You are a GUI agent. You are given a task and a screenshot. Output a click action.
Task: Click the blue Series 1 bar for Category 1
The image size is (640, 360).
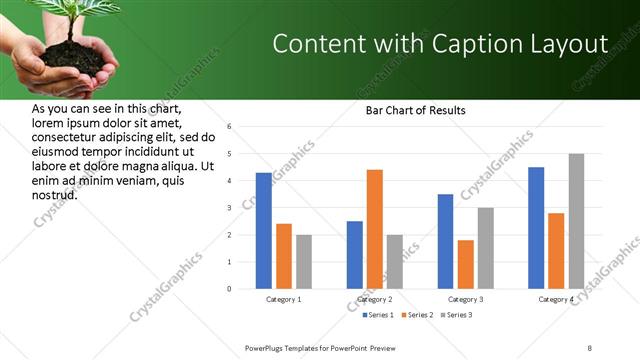click(x=263, y=231)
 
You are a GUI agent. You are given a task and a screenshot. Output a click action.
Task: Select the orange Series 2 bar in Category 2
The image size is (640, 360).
click(x=375, y=229)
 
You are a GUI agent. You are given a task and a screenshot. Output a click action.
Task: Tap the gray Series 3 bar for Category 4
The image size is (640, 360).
click(x=576, y=221)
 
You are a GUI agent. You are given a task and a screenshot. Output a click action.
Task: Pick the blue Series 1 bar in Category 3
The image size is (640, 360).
click(x=445, y=241)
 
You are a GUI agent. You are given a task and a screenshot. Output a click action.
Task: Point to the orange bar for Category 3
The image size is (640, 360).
click(x=465, y=264)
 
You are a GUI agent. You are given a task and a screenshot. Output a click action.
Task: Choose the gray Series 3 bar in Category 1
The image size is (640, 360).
click(x=303, y=262)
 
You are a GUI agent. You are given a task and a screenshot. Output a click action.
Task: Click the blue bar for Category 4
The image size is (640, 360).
click(x=536, y=228)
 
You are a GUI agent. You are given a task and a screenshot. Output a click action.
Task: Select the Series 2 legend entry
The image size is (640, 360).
click(x=418, y=315)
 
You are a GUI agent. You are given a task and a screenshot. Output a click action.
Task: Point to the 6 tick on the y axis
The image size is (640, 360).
click(x=229, y=127)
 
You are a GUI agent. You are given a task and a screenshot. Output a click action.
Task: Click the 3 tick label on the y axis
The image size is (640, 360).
click(x=229, y=208)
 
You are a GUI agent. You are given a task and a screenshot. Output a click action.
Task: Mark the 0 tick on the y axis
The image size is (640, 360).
click(x=229, y=289)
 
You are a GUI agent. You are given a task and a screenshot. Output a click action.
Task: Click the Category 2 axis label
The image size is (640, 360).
click(x=374, y=299)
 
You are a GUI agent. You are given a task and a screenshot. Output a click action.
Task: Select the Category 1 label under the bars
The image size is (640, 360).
click(x=284, y=299)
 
